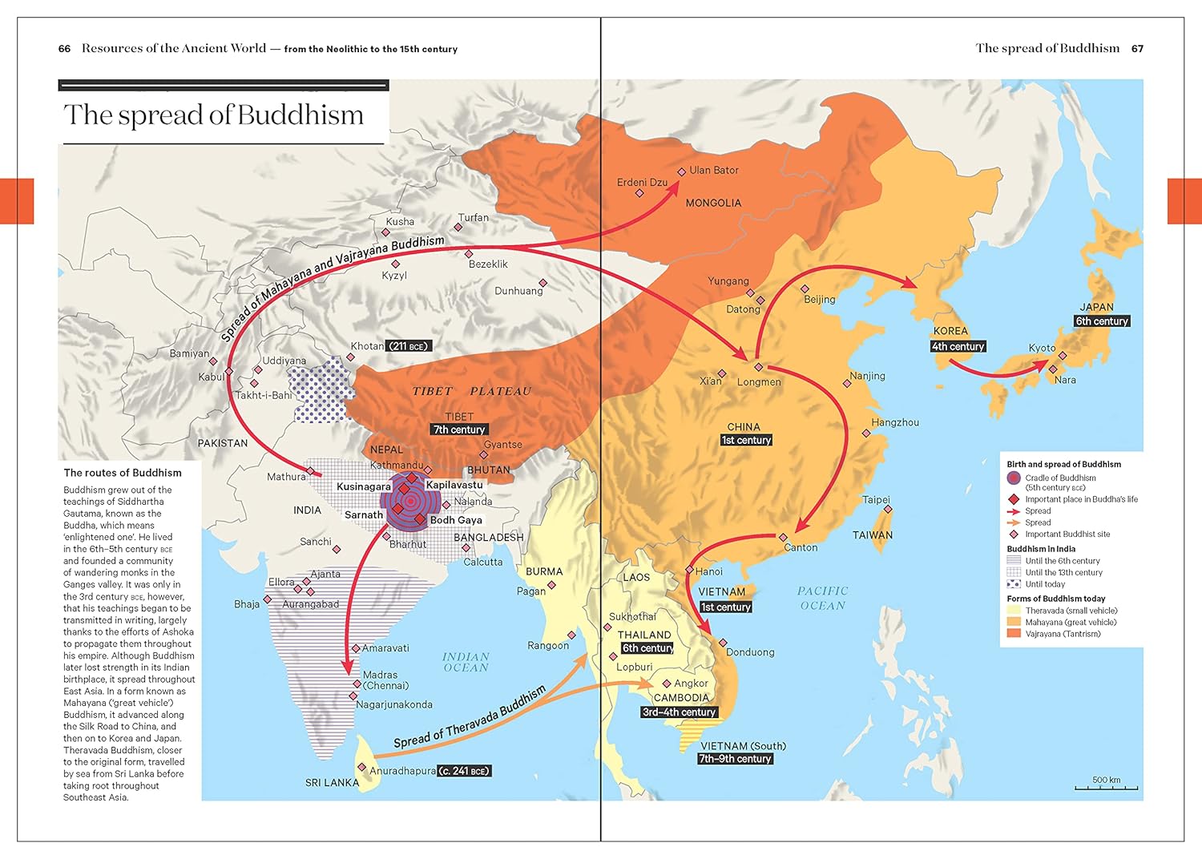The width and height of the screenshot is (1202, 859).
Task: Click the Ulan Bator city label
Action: tap(713, 170)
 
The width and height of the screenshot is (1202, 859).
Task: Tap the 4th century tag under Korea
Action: tap(958, 346)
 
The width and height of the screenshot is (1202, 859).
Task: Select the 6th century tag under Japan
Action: tap(1102, 321)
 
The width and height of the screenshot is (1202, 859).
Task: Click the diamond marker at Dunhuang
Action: tap(543, 283)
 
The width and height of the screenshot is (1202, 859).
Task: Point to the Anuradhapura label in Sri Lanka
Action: tap(402, 771)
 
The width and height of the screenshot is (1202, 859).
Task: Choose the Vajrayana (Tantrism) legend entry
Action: tap(1063, 634)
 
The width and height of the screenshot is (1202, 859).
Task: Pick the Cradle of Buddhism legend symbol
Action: tap(1014, 478)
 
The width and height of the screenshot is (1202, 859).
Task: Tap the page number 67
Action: tap(1137, 49)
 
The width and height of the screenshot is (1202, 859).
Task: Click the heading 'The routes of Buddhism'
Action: tap(123, 473)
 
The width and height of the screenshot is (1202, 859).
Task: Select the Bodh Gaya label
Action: tap(456, 519)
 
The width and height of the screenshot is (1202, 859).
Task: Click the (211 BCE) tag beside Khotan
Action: tap(409, 346)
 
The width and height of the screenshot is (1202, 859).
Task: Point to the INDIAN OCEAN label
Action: tap(466, 662)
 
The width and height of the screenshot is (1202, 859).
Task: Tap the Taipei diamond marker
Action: tap(887, 510)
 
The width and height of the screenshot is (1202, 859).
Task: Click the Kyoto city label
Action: tap(1042, 348)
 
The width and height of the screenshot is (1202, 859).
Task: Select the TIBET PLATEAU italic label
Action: tap(472, 391)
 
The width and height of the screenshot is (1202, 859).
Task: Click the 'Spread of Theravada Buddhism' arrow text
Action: tap(470, 716)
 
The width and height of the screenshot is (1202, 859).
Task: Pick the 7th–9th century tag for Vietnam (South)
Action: tap(735, 758)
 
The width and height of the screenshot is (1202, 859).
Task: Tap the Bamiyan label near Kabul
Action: tap(189, 353)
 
